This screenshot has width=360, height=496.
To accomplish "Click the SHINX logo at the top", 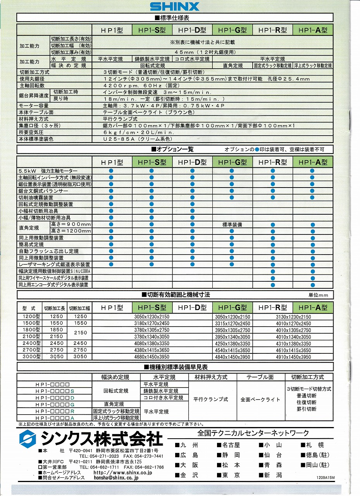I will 174,7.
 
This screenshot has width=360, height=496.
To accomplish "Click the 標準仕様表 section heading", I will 174,18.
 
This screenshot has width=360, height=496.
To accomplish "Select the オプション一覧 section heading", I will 174,149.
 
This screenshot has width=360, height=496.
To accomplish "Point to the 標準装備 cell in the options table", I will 232,225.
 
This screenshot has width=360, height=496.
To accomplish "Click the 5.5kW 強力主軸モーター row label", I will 48,171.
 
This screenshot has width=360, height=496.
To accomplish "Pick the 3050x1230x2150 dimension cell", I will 152,317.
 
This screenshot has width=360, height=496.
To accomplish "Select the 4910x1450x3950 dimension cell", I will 293,357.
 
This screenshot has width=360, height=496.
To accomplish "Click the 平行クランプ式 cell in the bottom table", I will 210,399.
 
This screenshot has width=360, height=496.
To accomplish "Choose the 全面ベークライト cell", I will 260,399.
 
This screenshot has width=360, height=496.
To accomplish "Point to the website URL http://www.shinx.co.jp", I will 123,473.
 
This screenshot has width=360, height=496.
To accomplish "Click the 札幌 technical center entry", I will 313,445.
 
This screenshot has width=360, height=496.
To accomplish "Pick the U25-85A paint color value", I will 137,139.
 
